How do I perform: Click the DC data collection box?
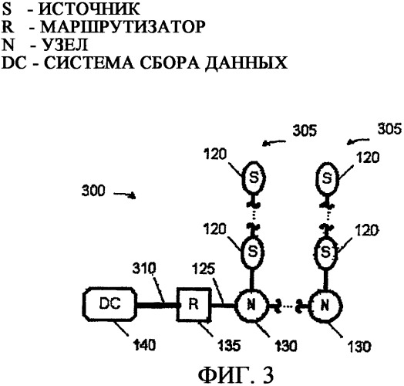[109, 304]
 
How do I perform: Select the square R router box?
[194, 304]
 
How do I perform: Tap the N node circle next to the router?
[251, 306]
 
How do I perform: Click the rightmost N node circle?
[325, 306]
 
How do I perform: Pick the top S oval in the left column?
[254, 178]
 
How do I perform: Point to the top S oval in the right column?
[327, 178]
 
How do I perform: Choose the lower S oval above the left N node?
[253, 252]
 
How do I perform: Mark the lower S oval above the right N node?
[326, 252]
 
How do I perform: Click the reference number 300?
[93, 191]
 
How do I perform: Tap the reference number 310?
[144, 269]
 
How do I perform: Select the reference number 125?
[204, 269]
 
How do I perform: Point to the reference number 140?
[144, 344]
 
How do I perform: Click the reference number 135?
[229, 345]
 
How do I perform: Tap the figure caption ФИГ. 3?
[236, 375]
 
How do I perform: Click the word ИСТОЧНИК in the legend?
[89, 9]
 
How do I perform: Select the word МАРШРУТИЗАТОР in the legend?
[123, 26]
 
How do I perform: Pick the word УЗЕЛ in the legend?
[65, 44]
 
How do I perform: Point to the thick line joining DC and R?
[157, 305]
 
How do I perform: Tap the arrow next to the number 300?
[125, 195]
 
